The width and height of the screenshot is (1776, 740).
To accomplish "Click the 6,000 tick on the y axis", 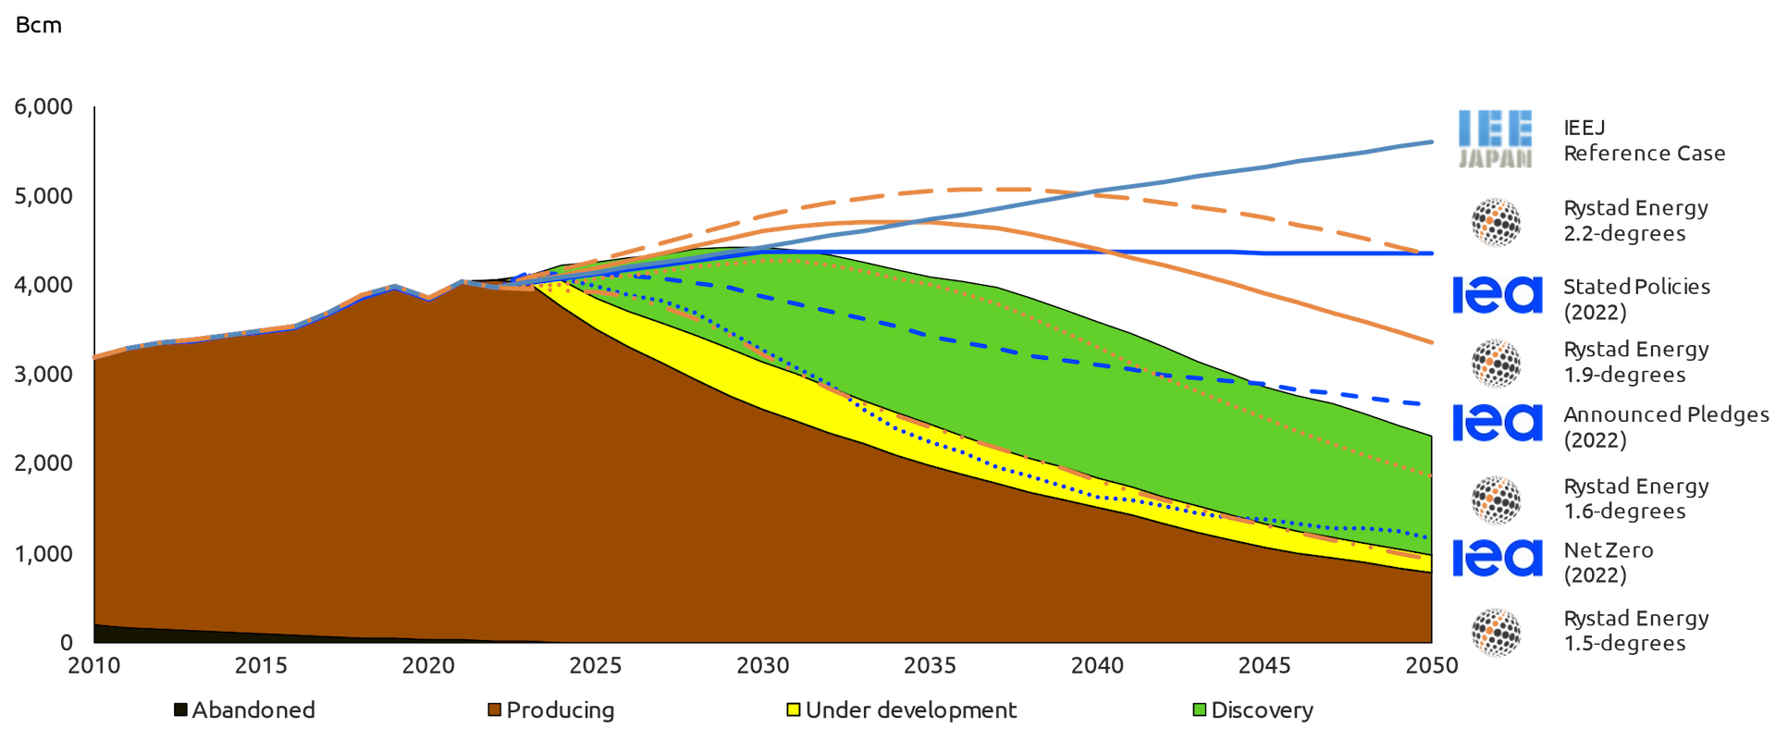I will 43,107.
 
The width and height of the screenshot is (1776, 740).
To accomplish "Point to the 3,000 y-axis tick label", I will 43,375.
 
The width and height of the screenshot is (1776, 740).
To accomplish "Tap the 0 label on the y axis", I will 67,642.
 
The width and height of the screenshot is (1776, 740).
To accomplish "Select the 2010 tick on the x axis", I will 94,665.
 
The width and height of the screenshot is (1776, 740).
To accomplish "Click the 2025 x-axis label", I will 596,665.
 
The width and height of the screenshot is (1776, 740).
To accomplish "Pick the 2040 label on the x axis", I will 1097,665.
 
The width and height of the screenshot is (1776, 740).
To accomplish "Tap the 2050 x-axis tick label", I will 1431,665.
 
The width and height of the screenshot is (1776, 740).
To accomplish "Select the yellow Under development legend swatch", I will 793,710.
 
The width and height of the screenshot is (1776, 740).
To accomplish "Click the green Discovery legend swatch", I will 1200,710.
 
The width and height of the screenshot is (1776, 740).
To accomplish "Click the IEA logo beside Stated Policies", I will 1497,295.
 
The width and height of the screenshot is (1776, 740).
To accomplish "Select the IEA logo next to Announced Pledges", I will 1497,423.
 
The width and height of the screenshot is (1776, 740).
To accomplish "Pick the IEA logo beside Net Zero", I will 1497,558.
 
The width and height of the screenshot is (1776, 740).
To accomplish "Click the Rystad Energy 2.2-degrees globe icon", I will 1497,222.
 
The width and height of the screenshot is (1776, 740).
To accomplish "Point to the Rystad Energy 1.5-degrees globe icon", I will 1497,633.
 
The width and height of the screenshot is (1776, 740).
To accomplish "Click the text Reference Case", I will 1644,154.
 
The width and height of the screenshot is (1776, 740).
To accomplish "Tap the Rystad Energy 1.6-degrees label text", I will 1635,499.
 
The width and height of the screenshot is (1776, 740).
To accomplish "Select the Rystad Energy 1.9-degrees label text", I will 1635,363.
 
